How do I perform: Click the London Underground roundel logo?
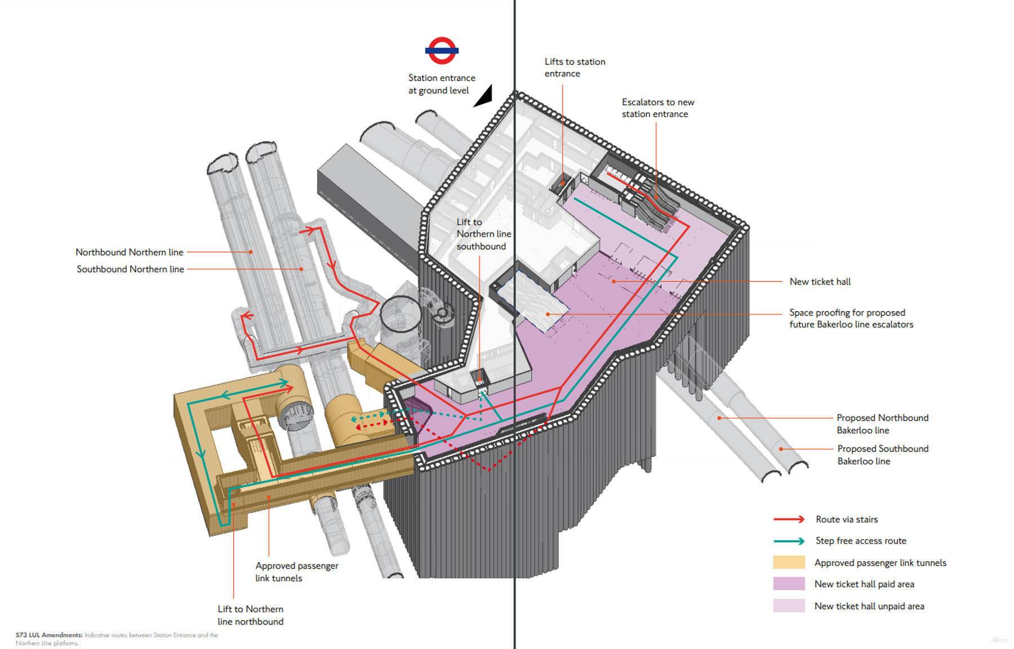[442, 51]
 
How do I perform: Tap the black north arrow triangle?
[485, 97]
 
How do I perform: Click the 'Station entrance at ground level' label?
[441, 84]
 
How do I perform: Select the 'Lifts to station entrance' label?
[575, 68]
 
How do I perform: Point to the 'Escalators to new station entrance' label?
[657, 108]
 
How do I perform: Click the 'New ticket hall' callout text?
[820, 282]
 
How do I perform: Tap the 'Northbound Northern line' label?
[130, 252]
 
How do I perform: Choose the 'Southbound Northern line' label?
[130, 269]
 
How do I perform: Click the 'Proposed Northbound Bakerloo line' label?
[882, 424]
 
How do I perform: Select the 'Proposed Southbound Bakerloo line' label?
[882, 455]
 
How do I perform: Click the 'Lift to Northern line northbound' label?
[250, 615]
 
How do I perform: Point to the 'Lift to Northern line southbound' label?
[483, 234]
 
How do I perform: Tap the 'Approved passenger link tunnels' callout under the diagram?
[296, 572]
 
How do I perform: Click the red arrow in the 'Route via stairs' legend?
[789, 519]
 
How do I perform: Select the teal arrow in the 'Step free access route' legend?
[789, 541]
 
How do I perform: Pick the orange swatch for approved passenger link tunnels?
[789, 562]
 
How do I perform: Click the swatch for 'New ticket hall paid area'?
[789, 584]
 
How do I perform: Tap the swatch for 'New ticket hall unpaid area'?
[789, 606]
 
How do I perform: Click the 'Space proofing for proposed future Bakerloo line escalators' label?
[851, 318]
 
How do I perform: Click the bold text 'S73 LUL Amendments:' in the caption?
[49, 635]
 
